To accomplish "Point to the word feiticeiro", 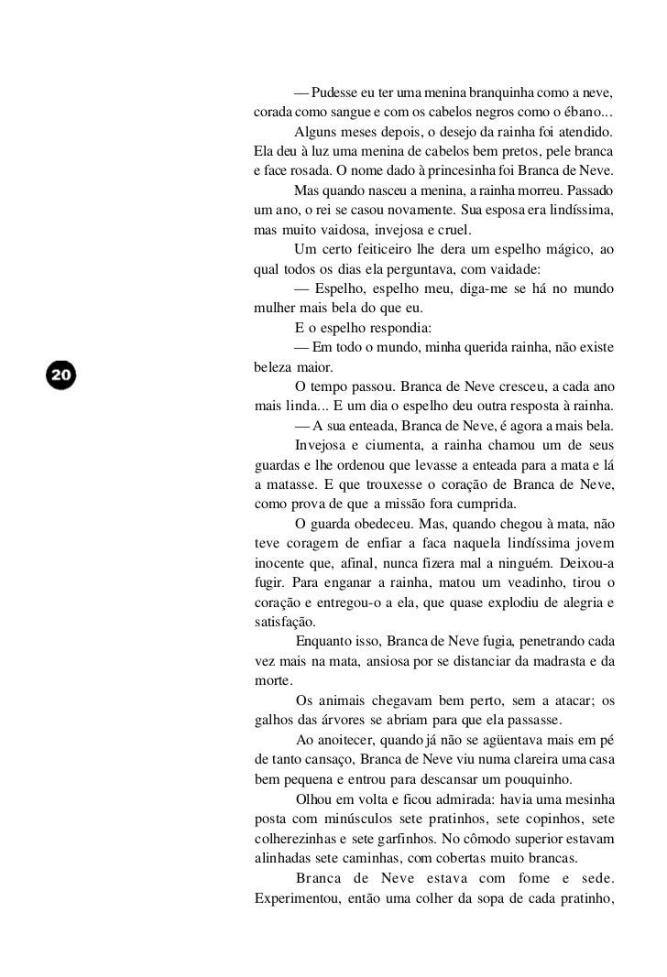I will [381, 250].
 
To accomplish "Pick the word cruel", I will [449, 231].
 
